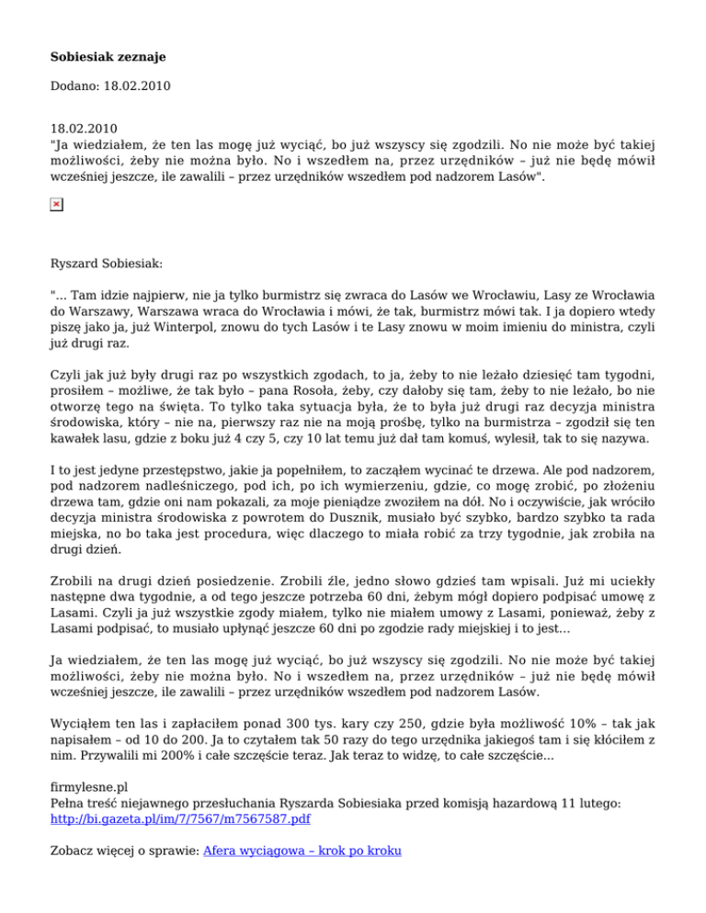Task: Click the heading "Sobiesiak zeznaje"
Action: pyautogui.click(x=108, y=58)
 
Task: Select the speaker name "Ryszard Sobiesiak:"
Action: pyautogui.click(x=107, y=263)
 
